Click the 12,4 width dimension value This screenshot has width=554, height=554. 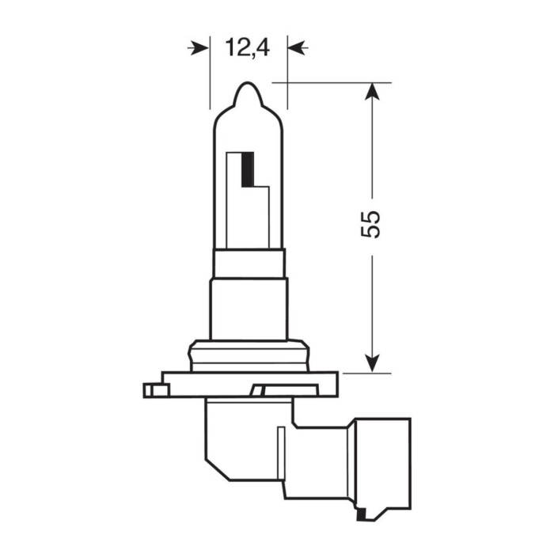point(248,49)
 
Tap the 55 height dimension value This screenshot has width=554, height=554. point(370,224)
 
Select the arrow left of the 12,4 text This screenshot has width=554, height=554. point(198,49)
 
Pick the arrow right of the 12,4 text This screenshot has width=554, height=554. point(298,49)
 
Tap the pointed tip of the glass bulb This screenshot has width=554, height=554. point(248,85)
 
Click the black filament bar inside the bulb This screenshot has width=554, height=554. point(248,168)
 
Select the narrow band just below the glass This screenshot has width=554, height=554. point(249,263)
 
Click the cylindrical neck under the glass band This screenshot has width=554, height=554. point(249,309)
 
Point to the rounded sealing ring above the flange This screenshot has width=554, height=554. point(249,355)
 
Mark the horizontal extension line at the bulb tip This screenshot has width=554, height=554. point(332,82)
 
